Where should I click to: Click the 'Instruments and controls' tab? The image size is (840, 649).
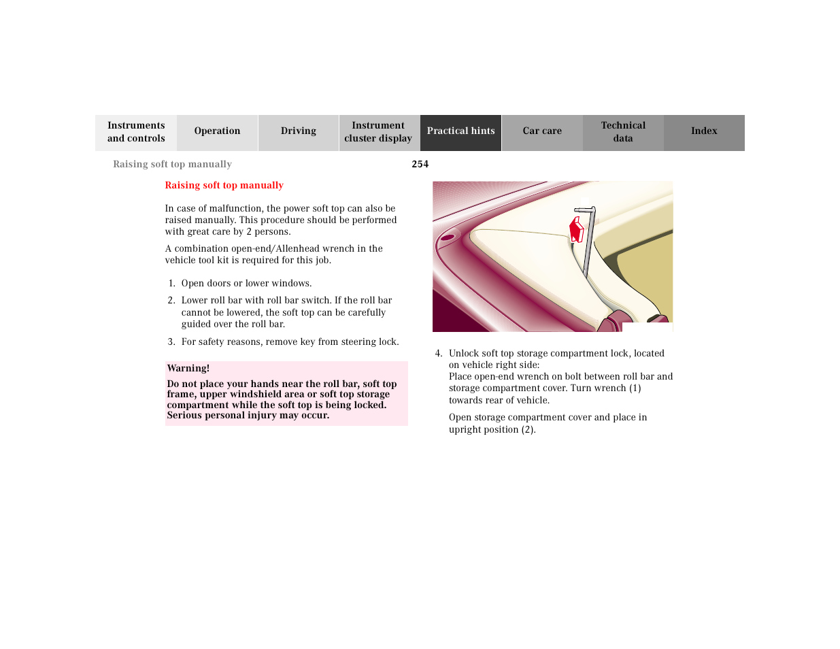(136, 132)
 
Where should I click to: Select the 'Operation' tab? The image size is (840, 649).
(217, 131)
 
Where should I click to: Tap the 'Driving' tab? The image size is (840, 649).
(298, 131)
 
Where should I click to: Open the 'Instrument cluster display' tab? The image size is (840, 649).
(378, 132)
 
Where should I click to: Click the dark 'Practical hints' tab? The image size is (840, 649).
(460, 131)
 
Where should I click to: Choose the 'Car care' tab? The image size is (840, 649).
(542, 131)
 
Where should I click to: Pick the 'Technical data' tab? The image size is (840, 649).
(623, 132)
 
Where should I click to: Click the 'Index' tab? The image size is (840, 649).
(704, 131)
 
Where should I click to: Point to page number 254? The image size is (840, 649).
(420, 164)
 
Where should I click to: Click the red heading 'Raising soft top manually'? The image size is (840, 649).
(224, 185)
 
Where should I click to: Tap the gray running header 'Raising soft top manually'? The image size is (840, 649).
(172, 164)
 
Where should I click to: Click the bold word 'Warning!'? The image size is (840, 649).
(188, 368)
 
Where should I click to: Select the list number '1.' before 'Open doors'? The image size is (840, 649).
(171, 284)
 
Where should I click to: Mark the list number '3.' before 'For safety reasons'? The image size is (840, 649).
(171, 342)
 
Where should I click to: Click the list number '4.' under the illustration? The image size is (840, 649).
(439, 354)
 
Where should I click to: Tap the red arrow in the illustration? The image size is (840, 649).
(576, 230)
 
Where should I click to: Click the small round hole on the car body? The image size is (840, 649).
(448, 237)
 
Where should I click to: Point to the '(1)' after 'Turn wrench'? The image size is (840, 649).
(635, 388)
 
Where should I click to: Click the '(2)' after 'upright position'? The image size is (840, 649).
(528, 430)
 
